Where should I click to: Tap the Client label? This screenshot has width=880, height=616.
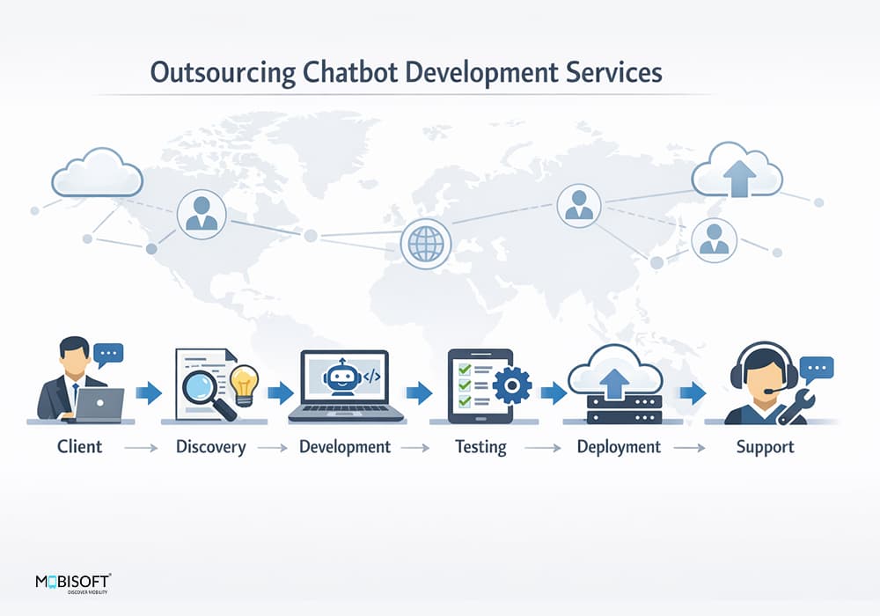click(80, 447)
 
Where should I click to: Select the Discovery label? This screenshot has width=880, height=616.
click(210, 447)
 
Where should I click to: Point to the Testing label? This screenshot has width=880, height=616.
click(480, 447)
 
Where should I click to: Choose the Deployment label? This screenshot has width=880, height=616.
click(619, 447)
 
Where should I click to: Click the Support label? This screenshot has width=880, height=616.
click(765, 447)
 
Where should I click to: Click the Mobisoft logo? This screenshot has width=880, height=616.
click(72, 583)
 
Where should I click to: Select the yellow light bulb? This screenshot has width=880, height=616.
click(244, 384)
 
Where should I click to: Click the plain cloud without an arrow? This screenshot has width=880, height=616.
click(97, 172)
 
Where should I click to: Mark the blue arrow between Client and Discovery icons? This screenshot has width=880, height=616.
click(149, 392)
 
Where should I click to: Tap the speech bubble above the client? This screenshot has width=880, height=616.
click(108, 356)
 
